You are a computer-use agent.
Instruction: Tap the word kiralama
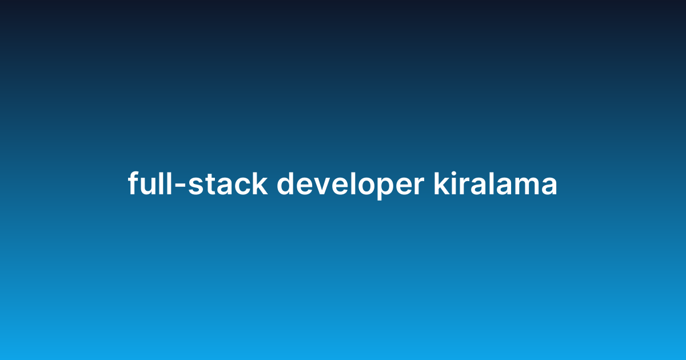pyautogui.click(x=495, y=184)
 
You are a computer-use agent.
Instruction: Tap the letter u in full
pyautogui.click(x=147, y=187)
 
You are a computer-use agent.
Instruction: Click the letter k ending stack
pyautogui.click(x=260, y=184)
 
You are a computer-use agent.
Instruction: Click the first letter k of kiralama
pyautogui.click(x=441, y=184)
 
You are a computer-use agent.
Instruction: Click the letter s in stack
pyautogui.click(x=196, y=187)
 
